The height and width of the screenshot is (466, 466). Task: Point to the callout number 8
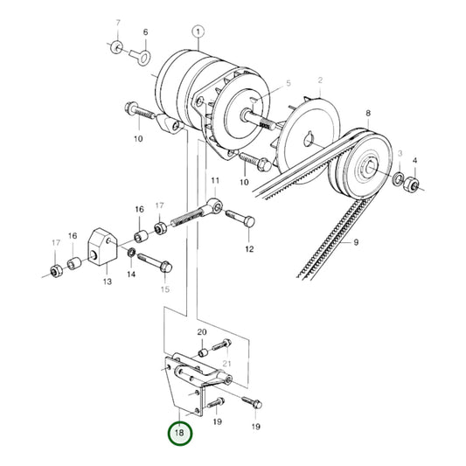(367, 114)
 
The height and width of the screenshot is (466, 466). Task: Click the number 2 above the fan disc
(320, 80)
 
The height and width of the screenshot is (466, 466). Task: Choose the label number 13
(108, 282)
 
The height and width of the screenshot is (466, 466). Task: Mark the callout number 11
(212, 182)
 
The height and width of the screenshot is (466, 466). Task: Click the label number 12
(249, 248)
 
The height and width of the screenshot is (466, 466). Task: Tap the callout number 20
(202, 332)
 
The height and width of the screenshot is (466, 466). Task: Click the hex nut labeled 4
(415, 185)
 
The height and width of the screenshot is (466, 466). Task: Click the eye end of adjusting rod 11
(216, 209)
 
